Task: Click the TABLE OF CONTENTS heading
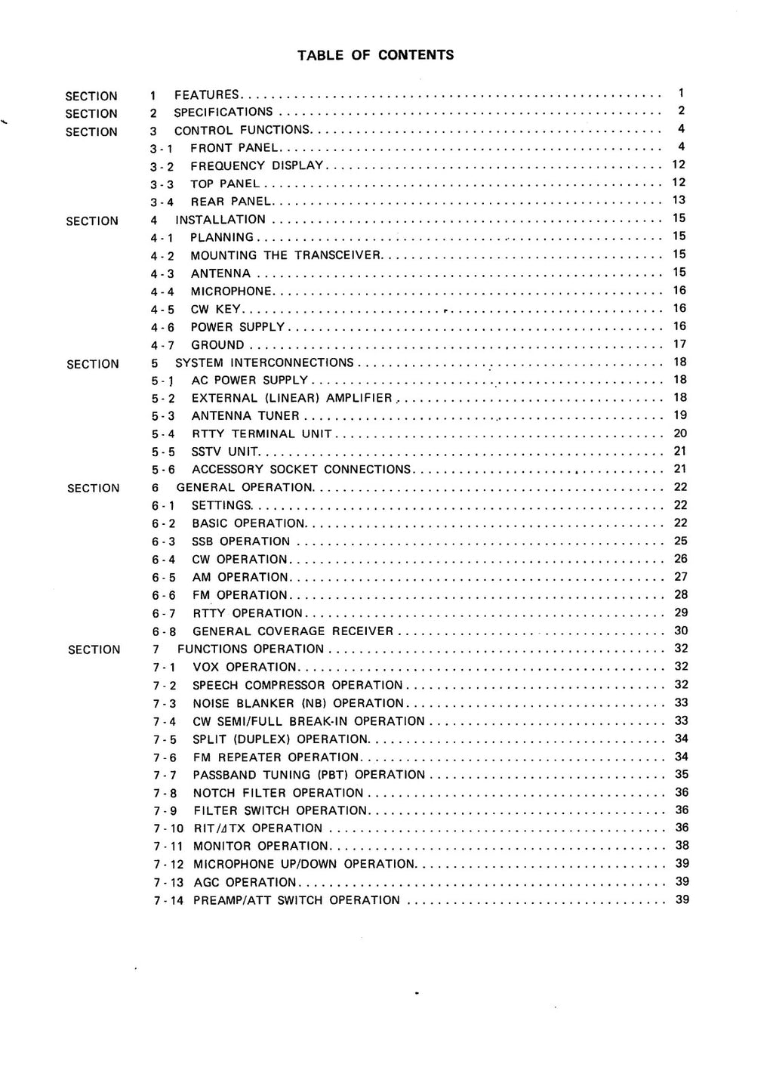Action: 375,54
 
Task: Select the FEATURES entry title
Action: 207,95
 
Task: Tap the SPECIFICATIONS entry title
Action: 223,113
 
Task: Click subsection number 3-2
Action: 162,166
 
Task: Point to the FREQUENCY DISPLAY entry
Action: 257,166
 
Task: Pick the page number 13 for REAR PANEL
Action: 679,200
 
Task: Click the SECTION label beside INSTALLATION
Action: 92,221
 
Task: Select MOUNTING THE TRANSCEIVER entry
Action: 287,255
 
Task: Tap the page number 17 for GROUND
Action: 679,344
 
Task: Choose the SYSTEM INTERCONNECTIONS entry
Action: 264,363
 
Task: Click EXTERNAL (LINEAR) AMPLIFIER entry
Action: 292,398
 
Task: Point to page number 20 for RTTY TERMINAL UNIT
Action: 680,433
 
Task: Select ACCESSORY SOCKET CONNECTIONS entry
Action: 301,470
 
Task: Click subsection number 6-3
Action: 163,541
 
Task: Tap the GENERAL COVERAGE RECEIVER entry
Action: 293,631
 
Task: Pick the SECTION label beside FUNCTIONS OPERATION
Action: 94,649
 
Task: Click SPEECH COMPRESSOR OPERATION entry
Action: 298,686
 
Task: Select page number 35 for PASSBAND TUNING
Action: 682,774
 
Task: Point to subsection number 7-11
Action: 168,847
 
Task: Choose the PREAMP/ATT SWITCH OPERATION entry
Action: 297,900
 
